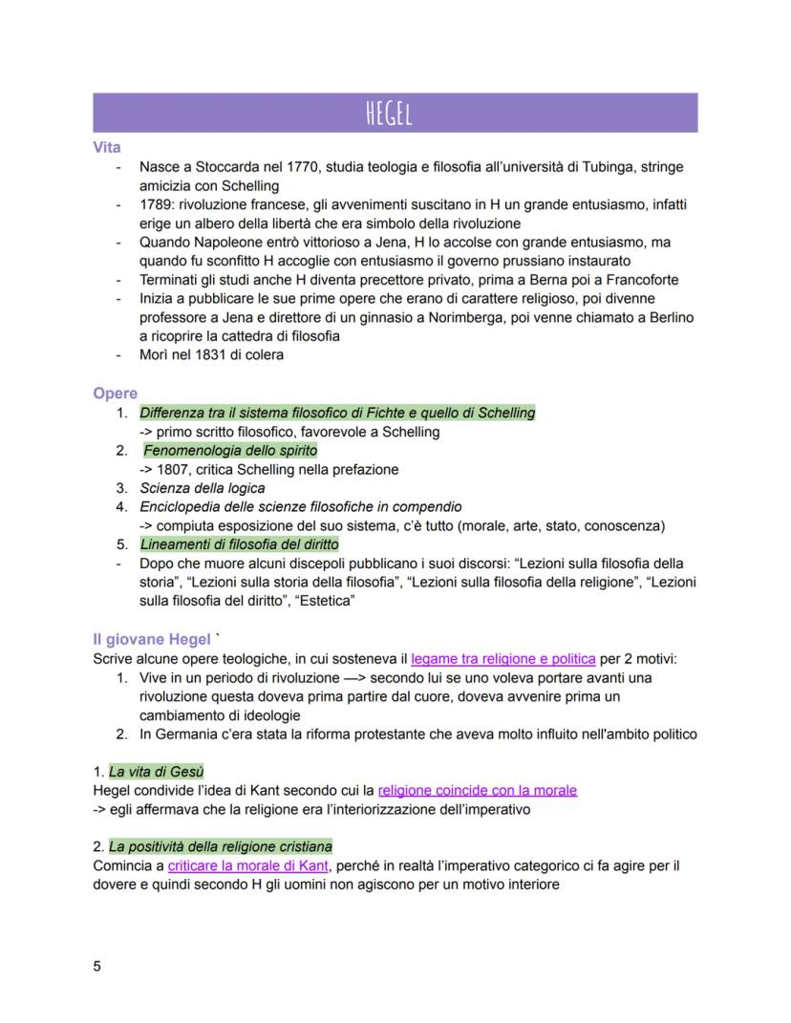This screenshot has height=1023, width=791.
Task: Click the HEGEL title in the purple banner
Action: click(x=395, y=113)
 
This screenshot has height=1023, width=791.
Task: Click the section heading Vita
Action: click(x=107, y=148)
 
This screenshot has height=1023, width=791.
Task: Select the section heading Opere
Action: click(x=115, y=394)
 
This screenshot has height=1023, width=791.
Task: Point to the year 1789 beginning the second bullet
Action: click(x=158, y=204)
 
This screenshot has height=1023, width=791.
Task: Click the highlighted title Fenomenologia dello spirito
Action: click(x=230, y=450)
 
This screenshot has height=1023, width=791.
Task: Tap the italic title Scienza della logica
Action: click(x=203, y=488)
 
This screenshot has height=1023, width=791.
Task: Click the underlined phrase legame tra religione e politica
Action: click(x=503, y=658)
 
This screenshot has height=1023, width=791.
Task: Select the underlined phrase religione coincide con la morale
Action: click(x=478, y=790)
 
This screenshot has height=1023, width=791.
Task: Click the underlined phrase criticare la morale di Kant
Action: click(x=250, y=865)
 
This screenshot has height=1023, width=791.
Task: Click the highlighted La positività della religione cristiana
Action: click(x=220, y=846)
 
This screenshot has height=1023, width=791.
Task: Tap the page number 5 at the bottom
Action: click(x=96, y=965)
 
